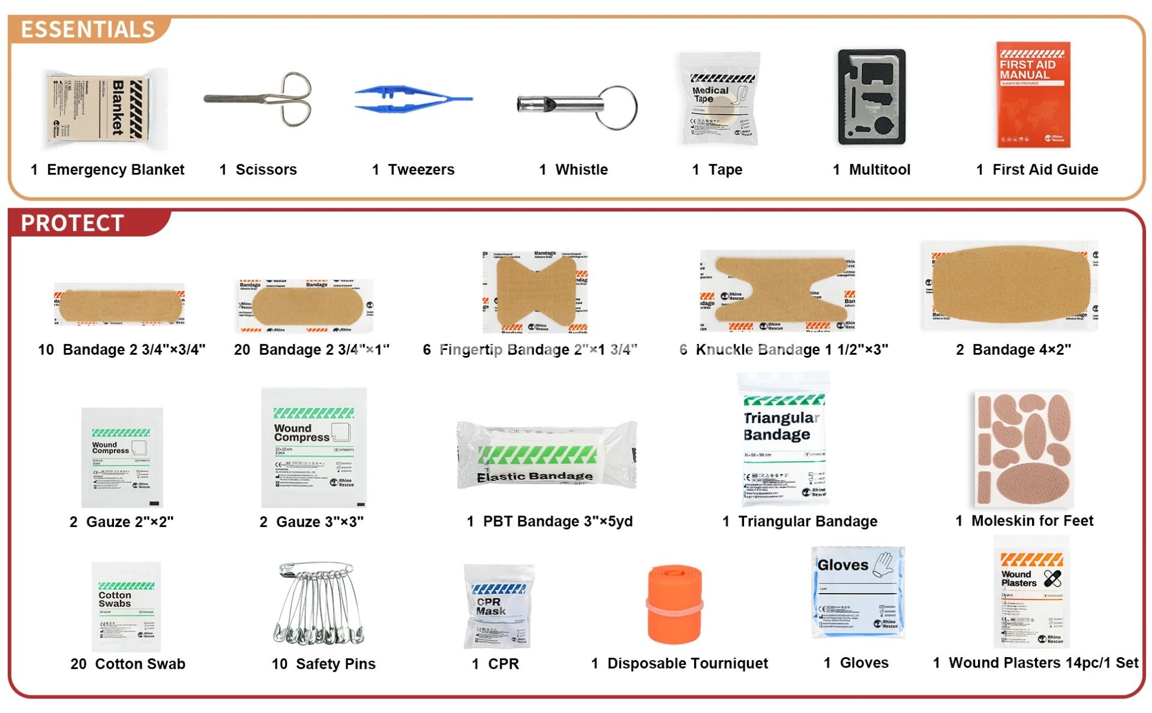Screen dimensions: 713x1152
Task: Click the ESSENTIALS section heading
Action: point(88,29)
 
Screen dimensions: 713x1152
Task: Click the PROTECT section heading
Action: point(72,223)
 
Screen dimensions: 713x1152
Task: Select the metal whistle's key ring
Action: point(617,107)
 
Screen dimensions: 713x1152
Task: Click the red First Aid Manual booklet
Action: point(1033,95)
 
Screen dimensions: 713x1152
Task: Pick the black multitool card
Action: point(871,97)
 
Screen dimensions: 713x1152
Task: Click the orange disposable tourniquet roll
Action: point(674,603)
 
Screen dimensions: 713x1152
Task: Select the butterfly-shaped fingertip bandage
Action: point(535,292)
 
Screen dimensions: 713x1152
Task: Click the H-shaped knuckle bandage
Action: point(778,291)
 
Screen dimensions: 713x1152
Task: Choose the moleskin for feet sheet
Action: point(1024,448)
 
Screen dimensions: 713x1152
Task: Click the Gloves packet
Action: point(857,592)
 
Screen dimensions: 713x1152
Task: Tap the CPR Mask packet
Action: point(498,606)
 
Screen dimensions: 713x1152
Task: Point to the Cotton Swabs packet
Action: point(126,606)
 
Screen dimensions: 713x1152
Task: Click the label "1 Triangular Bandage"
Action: point(799,522)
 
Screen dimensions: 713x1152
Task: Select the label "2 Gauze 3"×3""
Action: point(311,522)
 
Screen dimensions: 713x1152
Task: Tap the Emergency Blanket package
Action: point(105,109)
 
